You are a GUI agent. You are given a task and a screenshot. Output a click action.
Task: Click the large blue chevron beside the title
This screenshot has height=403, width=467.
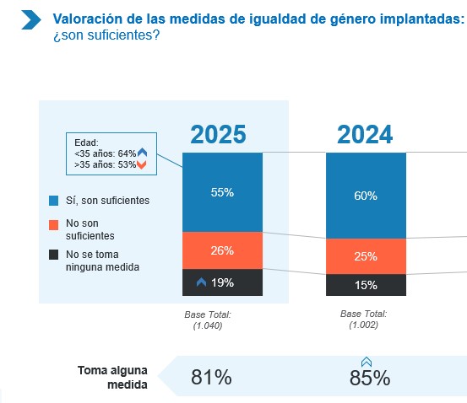(31, 20)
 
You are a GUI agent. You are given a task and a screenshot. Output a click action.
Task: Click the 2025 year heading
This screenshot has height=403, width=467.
(219, 134)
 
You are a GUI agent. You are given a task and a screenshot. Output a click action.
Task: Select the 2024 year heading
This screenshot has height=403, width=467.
(365, 134)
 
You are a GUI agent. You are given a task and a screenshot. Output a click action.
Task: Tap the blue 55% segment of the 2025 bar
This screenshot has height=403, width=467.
(222, 192)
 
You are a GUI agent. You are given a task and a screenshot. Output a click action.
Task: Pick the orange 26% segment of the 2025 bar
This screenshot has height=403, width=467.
(222, 250)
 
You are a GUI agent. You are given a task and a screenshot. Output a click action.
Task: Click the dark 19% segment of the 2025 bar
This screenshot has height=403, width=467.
(222, 282)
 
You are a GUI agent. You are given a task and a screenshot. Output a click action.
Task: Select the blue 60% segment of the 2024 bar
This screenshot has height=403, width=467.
(366, 196)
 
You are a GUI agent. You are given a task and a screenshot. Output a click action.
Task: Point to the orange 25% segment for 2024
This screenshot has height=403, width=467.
(366, 256)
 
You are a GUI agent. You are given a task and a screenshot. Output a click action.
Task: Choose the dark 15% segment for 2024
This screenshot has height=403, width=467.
(366, 285)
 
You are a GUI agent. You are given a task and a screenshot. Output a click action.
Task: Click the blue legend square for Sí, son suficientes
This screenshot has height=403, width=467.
(53, 201)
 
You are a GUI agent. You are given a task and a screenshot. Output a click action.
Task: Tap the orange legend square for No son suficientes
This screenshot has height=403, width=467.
(53, 225)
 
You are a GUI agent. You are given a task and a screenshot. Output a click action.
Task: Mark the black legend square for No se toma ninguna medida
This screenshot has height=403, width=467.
(53, 255)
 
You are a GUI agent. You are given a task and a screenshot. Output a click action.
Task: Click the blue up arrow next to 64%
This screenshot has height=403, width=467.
(143, 153)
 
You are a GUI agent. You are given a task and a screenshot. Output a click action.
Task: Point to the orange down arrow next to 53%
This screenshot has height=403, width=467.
(142, 164)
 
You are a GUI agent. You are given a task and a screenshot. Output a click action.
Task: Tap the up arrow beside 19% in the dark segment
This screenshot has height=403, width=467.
(201, 282)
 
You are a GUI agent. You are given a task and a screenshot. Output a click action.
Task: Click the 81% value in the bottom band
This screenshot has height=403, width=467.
(211, 377)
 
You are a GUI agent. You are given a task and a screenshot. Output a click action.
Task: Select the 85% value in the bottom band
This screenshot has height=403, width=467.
(370, 378)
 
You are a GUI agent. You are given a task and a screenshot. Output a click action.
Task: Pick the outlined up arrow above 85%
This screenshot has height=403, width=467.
(367, 362)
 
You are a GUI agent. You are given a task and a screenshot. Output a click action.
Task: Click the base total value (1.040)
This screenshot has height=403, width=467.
(208, 325)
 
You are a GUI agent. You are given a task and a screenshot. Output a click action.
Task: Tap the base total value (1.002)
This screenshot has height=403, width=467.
(364, 325)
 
